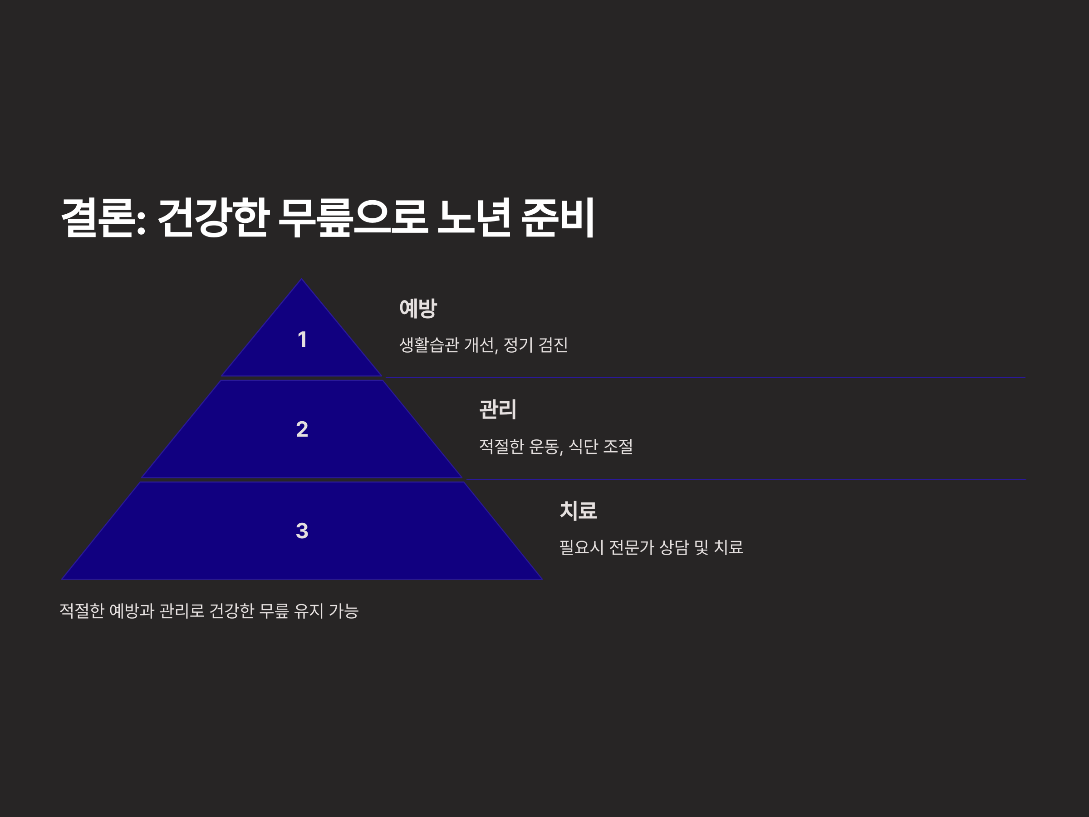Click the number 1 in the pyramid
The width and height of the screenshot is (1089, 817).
pos(302,340)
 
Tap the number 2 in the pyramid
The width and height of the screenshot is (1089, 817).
pos(302,429)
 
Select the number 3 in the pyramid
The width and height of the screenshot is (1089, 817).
pos(302,531)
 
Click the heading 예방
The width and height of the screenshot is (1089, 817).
pos(418,308)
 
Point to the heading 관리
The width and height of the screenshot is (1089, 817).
pos(498,409)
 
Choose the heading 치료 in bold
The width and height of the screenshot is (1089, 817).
pos(579,511)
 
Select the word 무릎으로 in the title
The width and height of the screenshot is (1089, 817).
pos(353,218)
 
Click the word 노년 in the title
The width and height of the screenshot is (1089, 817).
pos(474,218)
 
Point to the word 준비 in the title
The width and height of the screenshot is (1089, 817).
pos(558,218)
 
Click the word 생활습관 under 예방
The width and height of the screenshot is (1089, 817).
pos(429,345)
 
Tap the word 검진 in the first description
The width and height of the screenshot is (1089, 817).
pos(554,345)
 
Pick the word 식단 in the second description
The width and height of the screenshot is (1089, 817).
pos(584,447)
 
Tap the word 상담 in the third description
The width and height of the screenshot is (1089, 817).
pos(674,547)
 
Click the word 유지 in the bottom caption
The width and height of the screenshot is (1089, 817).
pos(309,611)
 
